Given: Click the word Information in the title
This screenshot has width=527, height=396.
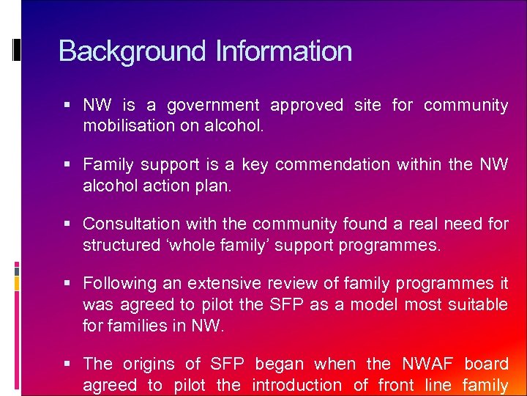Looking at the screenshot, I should pos(284,51).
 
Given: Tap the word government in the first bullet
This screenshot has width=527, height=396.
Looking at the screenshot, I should pos(213,106).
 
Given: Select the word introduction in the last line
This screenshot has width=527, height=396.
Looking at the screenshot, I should pos(296,385).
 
